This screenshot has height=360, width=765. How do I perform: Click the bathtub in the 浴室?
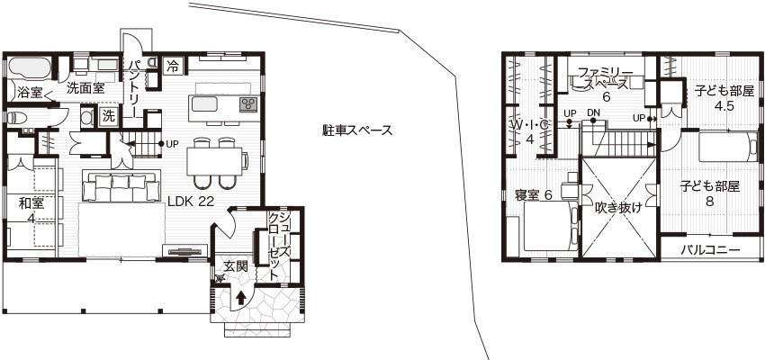pos(31,68)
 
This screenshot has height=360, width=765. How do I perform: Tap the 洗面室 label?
pos(86,88)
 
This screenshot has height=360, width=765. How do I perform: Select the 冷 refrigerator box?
pos(173,65)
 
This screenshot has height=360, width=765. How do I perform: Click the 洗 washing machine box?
pos(108,116)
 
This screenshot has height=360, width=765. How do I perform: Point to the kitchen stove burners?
pos(247,104)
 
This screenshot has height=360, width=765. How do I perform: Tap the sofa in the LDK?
pos(115,186)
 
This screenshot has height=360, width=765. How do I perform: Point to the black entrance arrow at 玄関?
pos(241,295)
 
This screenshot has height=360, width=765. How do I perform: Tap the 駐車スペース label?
pos(357,130)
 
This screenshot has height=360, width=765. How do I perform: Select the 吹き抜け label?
pos(618,207)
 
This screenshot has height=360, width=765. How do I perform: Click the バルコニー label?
pos(710,248)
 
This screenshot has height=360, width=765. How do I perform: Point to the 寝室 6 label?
pos(533,195)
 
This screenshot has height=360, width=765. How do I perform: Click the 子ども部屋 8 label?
pos(710,193)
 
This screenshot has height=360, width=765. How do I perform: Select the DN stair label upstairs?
pos(593,112)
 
